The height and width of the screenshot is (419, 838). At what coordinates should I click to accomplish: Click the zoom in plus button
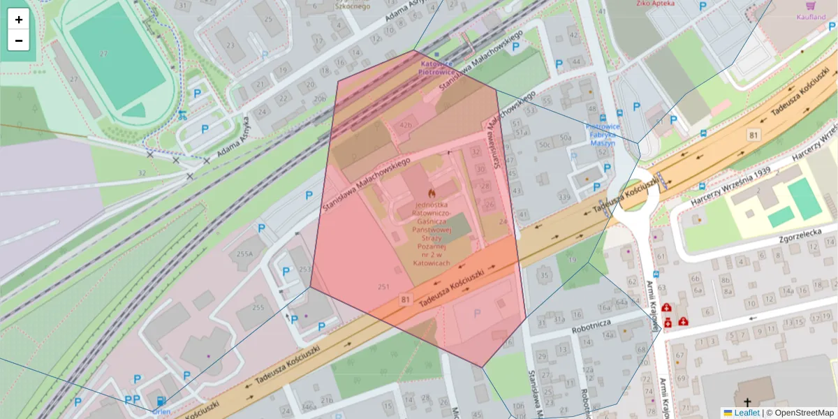[19, 20]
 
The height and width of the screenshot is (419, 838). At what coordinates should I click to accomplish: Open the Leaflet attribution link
[747, 413]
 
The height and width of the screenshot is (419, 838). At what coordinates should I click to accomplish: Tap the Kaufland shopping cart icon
[810, 5]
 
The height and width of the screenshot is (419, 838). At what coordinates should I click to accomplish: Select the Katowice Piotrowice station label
[436, 67]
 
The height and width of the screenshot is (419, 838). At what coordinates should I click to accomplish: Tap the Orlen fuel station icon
[162, 401]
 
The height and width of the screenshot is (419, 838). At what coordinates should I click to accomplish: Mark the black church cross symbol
[748, 402]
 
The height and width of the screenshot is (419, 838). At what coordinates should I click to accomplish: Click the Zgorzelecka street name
[784, 236]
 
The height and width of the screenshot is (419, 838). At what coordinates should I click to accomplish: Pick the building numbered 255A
[244, 254]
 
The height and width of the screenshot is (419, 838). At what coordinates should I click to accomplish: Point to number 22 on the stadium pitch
[103, 53]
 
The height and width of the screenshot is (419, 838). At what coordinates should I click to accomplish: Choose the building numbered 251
[383, 286]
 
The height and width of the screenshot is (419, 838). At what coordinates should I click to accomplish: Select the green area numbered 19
[573, 260]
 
